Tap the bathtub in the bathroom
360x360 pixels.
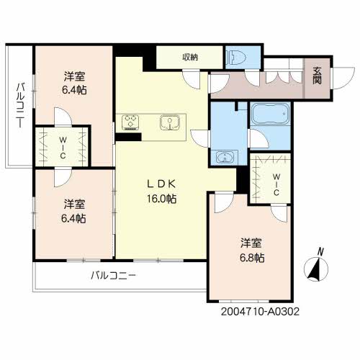(269, 115)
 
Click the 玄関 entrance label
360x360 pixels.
(318, 75)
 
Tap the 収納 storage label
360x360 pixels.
(189, 57)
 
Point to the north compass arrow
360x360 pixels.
(314, 269)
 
